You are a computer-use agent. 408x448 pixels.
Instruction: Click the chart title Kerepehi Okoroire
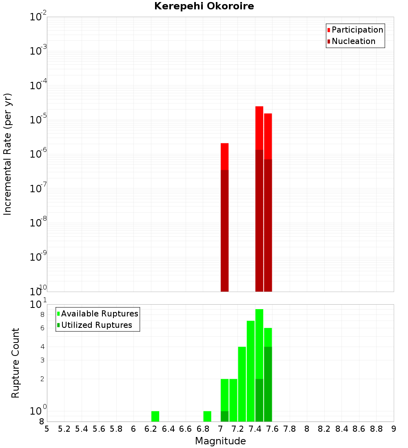204,7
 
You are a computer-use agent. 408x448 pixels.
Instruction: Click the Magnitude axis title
220,441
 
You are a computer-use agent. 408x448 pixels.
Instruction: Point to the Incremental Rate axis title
8,154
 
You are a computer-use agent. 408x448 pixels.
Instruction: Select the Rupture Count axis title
16,363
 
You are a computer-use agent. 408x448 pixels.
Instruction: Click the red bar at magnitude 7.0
224,157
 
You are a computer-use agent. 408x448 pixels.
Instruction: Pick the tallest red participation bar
259,128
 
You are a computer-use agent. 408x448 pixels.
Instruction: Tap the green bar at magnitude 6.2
155,416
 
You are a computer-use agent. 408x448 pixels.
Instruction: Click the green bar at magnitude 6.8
207,416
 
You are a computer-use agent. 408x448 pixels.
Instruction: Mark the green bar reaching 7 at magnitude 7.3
251,371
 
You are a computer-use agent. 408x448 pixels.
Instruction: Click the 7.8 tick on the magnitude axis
290,429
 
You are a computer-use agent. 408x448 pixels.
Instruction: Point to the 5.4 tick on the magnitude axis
82,429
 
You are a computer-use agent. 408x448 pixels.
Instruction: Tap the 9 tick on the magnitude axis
394,429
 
